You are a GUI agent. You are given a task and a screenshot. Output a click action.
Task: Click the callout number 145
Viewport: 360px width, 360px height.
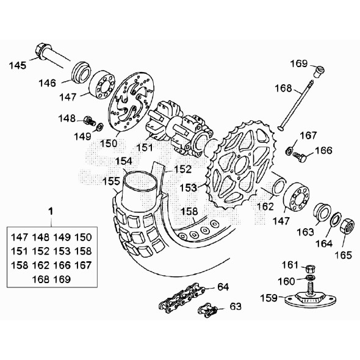point(17,65)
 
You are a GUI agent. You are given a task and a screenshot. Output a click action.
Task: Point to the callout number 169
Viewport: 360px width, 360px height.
point(298,63)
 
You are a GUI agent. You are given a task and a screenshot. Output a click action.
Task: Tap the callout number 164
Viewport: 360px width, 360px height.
point(324,243)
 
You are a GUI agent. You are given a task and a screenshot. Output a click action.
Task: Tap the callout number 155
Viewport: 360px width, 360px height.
point(110,181)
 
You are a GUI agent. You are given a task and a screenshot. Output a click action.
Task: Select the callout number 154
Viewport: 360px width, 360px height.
point(124,161)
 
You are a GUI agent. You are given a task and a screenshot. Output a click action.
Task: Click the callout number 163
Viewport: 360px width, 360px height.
point(304,232)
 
